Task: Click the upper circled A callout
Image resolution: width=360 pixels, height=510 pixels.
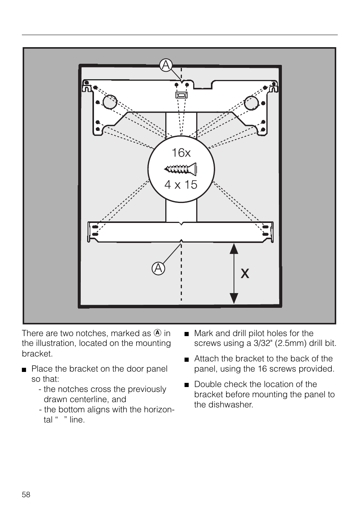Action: tap(166, 65)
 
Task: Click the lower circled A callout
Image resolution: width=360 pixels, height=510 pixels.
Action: tap(158, 269)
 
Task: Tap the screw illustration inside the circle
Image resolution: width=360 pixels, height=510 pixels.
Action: tap(180, 169)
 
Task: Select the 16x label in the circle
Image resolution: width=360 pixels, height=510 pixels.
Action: tap(181, 152)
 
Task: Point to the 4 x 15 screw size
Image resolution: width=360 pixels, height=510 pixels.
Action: tap(181, 184)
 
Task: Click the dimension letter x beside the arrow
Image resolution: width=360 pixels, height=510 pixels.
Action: tap(245, 273)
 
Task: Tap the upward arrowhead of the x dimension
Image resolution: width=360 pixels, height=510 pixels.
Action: tap(234, 249)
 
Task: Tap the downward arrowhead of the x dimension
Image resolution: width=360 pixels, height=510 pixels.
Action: tap(234, 298)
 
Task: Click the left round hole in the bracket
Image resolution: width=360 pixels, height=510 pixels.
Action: tap(110, 101)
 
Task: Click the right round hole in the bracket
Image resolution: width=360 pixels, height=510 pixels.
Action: tap(251, 103)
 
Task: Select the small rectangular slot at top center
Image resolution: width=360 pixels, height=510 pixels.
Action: tap(182, 95)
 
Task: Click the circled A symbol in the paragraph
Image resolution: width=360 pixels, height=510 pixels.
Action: tap(158, 333)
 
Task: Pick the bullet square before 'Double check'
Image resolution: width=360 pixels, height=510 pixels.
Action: tap(187, 385)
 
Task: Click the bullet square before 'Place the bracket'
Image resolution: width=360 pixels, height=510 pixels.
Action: tap(24, 370)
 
